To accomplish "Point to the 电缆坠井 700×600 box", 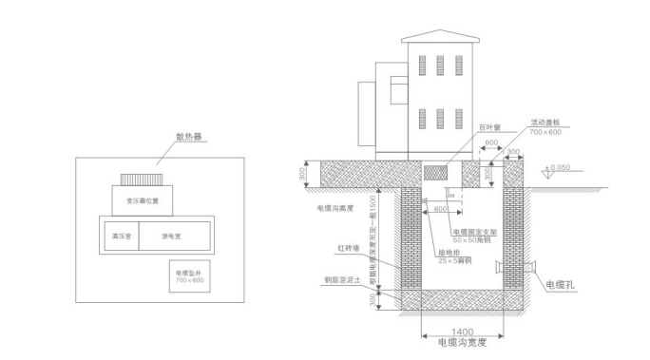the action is pyautogui.click(x=190, y=276).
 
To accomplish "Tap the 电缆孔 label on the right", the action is pyautogui.click(x=559, y=283).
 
